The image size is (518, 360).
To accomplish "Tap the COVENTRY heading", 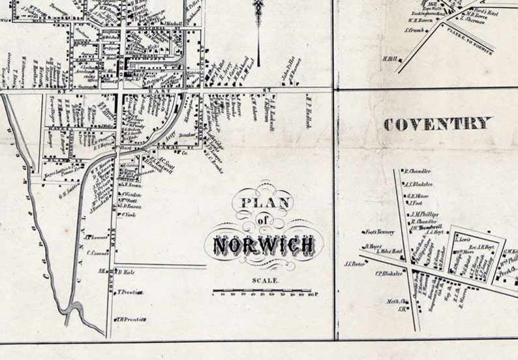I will pyautogui.click(x=437, y=124).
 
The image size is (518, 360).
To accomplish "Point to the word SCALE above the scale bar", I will pyautogui.click(x=264, y=280).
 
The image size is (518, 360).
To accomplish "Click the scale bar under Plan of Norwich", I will pyautogui.click(x=265, y=291).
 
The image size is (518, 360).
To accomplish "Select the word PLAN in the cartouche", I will pyautogui.click(x=264, y=203).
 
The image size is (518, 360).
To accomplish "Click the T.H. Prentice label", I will pyautogui.click(x=131, y=319).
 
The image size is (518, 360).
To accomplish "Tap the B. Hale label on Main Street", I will pyautogui.click(x=126, y=271).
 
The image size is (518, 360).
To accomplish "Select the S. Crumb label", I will pyautogui.click(x=415, y=29).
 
